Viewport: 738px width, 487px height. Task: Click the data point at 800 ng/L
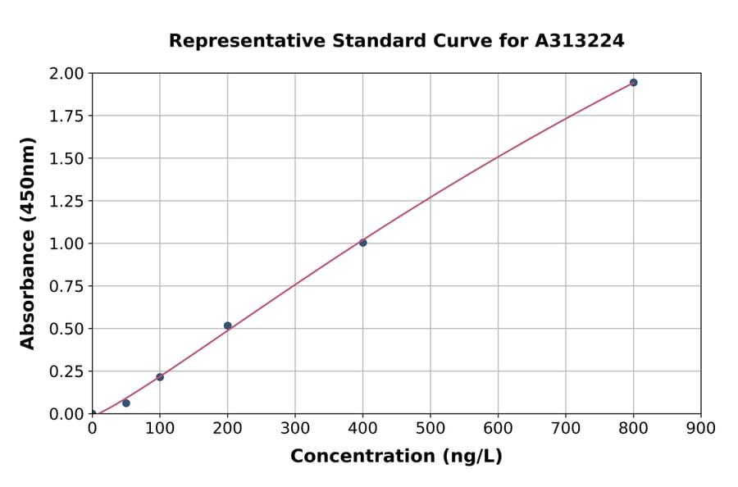pos(633,83)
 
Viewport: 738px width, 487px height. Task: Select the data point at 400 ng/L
pos(362,243)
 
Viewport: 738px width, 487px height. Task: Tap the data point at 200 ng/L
pos(227,325)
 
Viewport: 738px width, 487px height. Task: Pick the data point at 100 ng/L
pos(160,377)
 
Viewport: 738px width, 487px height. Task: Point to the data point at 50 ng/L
pos(126,403)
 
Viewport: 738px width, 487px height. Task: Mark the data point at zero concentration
pos(92,414)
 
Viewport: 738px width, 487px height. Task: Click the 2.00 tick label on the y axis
pos(66,74)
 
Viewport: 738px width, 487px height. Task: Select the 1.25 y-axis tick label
pos(66,201)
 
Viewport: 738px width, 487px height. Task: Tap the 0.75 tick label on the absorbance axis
pos(66,286)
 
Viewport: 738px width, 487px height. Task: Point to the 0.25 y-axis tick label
pos(66,371)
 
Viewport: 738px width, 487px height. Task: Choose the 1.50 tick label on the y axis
pos(66,158)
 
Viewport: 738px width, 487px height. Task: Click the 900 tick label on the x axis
pos(700,428)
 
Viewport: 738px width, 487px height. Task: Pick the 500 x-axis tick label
pos(430,428)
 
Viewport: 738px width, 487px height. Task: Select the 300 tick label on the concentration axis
pos(295,428)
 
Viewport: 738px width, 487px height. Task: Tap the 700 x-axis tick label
pos(565,428)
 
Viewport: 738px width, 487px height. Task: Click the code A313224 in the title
pos(580,41)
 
